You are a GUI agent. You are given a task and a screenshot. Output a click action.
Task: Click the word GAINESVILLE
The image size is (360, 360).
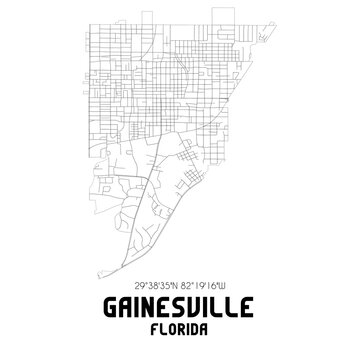pyautogui.click(x=179, y=307)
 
